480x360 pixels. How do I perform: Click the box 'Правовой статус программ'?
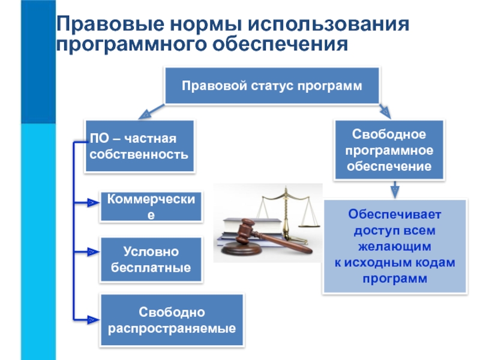pyautogui.click(x=272, y=85)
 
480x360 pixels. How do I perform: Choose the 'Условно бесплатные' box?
pyautogui.click(x=151, y=260)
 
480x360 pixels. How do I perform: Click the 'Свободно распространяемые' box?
pyautogui.click(x=172, y=320)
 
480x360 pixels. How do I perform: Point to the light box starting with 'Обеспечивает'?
pyautogui.click(x=394, y=246)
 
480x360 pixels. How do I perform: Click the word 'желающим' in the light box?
pyautogui.click(x=394, y=246)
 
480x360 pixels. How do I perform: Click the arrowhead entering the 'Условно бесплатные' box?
pyautogui.click(x=89, y=254)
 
